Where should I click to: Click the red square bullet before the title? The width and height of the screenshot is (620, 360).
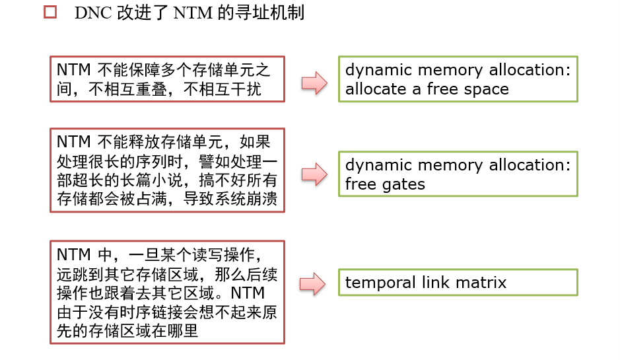pyautogui.click(x=50, y=13)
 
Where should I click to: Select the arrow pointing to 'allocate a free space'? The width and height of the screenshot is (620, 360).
pyautogui.click(x=314, y=82)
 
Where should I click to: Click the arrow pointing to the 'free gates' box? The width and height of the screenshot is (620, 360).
pyautogui.click(x=314, y=174)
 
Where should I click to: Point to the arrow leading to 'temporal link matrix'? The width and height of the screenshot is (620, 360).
pyautogui.click(x=314, y=283)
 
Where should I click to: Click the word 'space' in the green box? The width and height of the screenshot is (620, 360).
pyautogui.click(x=487, y=90)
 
